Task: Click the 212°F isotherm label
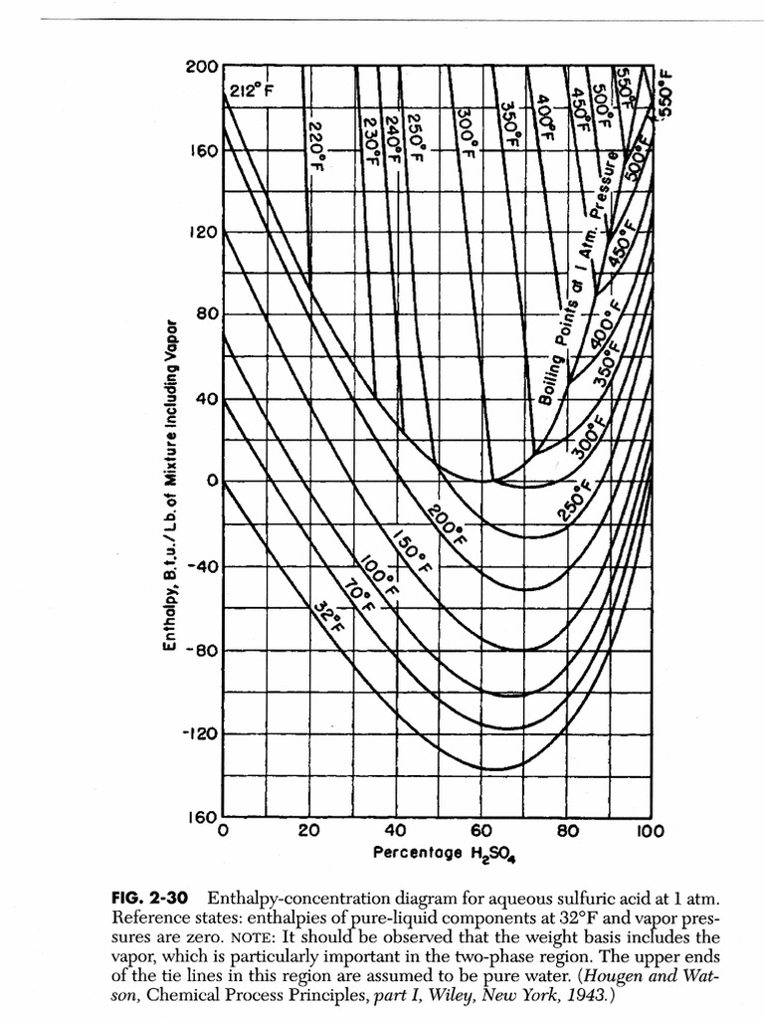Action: pos(251,91)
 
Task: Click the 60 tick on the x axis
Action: pos(480,830)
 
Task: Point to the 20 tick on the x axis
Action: pos(308,830)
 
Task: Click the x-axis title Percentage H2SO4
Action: pos(451,854)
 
